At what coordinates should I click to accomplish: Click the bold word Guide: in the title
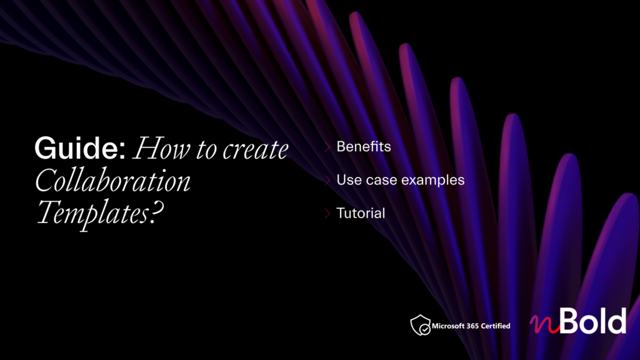click(x=80, y=147)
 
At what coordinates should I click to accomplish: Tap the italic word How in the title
click(x=162, y=148)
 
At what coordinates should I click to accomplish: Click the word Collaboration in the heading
click(x=112, y=180)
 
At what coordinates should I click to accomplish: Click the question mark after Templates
click(x=156, y=212)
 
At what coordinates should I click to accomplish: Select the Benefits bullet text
click(x=364, y=146)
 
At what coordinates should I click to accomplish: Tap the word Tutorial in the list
click(x=361, y=213)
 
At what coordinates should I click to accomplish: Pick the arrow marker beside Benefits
click(x=327, y=147)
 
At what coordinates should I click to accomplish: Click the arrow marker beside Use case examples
click(x=327, y=180)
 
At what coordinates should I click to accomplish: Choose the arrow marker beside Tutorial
click(x=327, y=213)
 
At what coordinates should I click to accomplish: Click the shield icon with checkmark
click(x=421, y=325)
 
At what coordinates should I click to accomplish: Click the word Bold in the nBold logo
click(x=593, y=321)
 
